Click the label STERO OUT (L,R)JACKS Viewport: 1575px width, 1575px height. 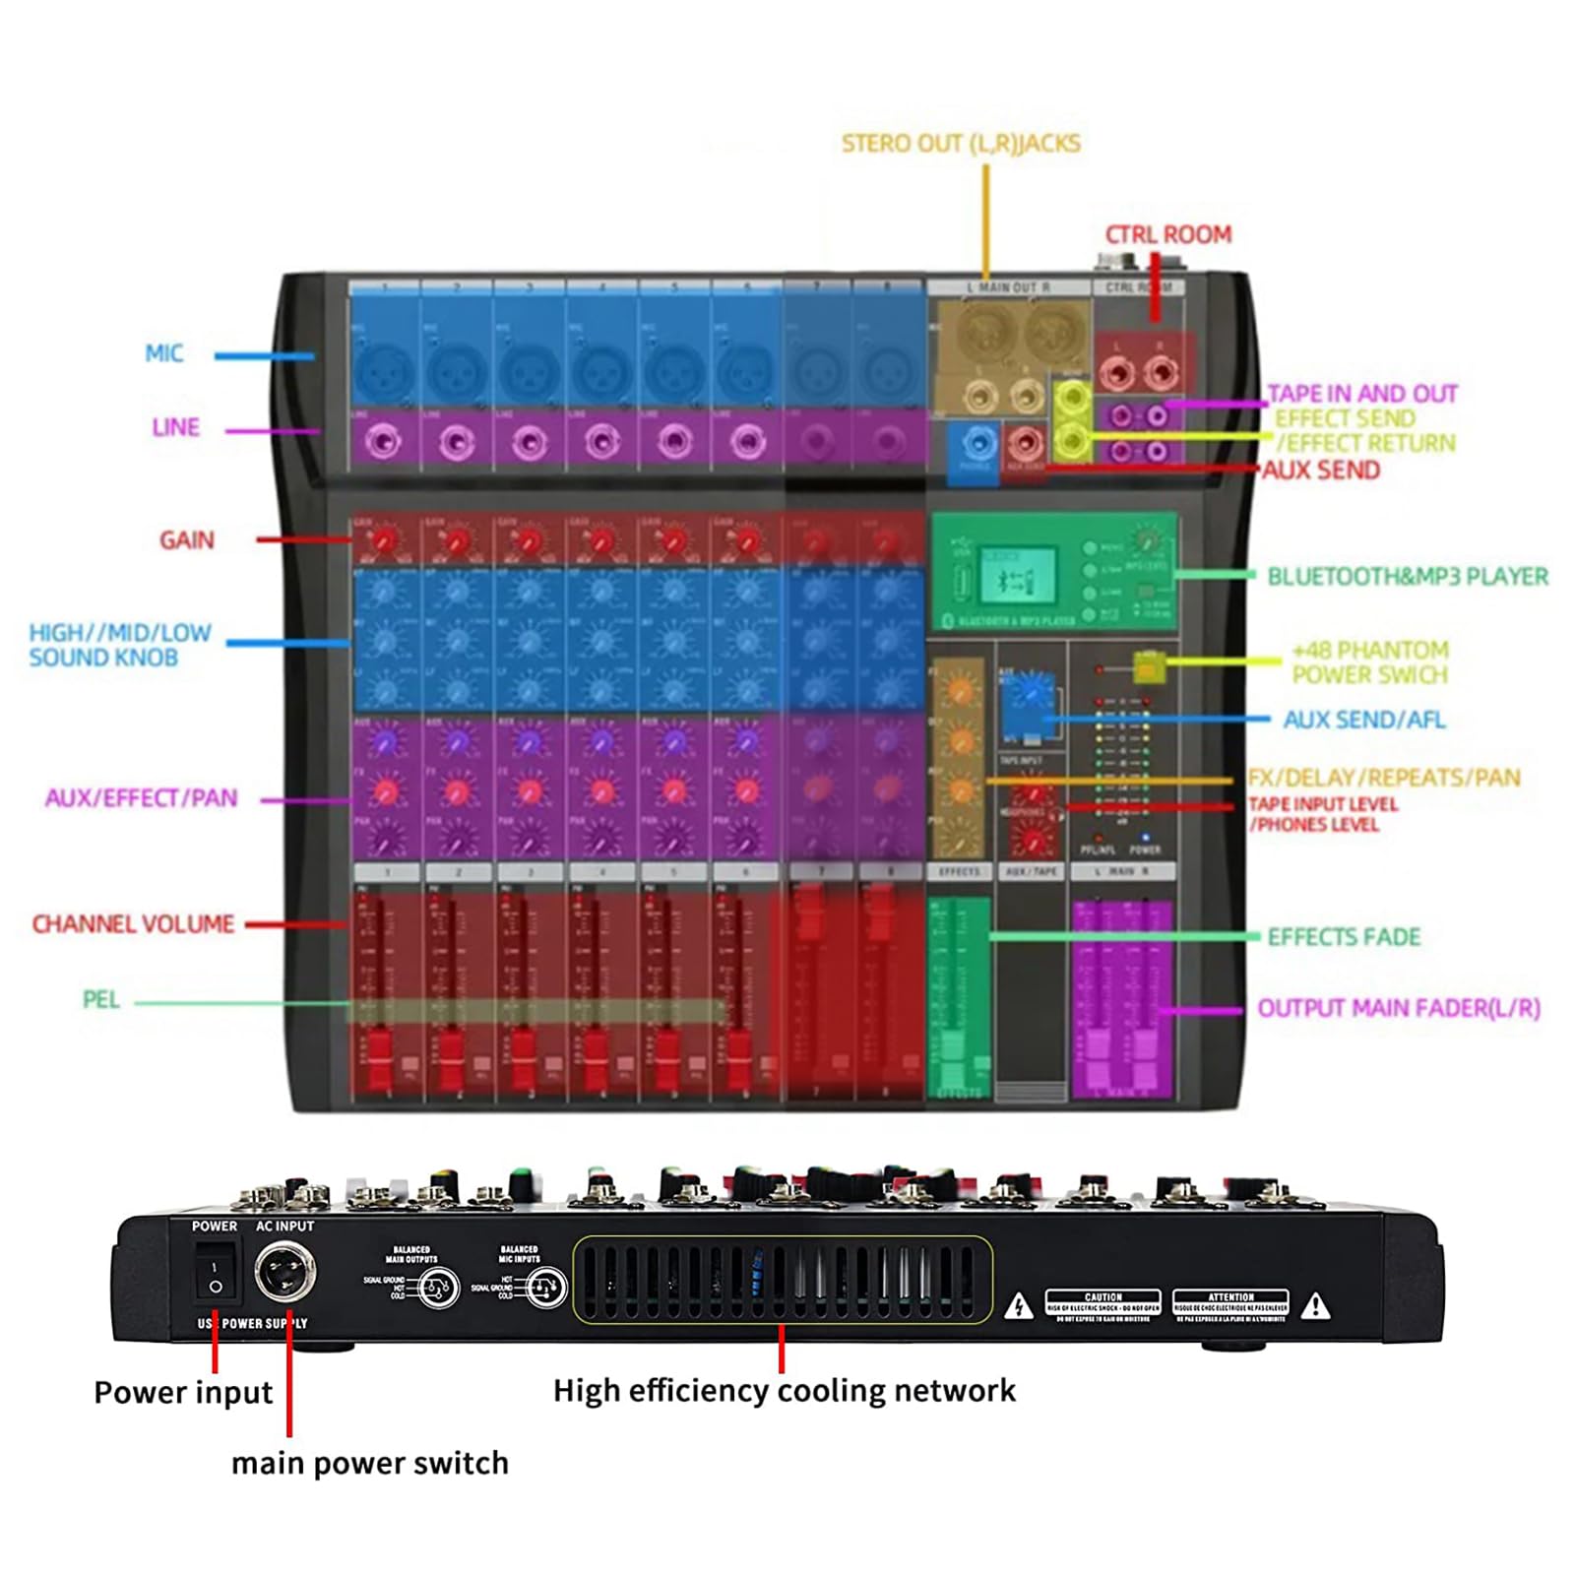(961, 144)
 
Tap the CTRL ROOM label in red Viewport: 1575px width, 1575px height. (1167, 234)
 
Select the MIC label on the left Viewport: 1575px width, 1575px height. (163, 353)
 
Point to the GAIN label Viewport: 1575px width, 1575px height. (186, 539)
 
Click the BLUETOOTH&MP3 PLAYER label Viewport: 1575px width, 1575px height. (1407, 576)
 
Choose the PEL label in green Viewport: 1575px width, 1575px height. (100, 1000)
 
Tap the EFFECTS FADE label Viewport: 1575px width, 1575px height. (1344, 936)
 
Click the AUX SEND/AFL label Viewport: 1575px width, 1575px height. (1363, 720)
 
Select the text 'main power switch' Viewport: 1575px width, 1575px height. (369, 1464)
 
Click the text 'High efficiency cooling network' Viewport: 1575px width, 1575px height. (784, 1390)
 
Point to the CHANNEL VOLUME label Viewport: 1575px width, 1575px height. (133, 924)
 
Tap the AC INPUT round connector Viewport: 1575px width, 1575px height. (285, 1273)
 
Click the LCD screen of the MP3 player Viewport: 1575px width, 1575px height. (1017, 576)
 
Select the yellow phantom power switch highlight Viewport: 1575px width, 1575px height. (1148, 667)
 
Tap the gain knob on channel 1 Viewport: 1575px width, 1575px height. (385, 540)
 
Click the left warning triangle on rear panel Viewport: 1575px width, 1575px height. (1019, 1307)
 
